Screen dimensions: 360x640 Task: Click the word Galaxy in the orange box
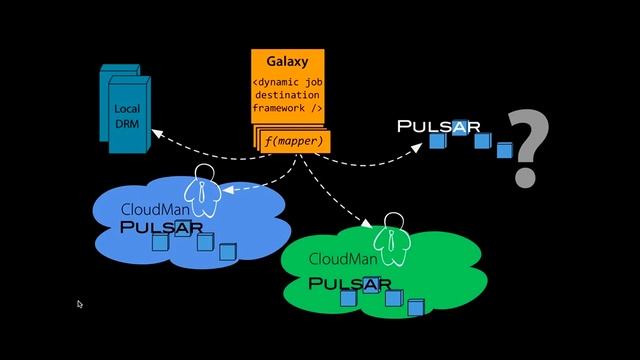pyautogui.click(x=287, y=62)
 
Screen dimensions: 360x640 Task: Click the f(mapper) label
pyautogui.click(x=294, y=142)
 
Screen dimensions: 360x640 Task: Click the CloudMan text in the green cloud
pyautogui.click(x=343, y=259)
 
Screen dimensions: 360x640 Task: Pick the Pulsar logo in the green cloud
pyautogui.click(x=349, y=284)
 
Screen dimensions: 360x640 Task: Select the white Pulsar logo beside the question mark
pyautogui.click(x=439, y=127)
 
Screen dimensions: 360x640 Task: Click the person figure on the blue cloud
pyautogui.click(x=204, y=190)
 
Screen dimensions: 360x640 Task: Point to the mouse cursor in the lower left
pyautogui.click(x=79, y=304)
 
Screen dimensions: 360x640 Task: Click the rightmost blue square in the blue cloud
pyautogui.click(x=227, y=252)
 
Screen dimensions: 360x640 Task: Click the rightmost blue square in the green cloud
pyautogui.click(x=415, y=307)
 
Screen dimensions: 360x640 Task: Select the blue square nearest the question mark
pyautogui.click(x=504, y=151)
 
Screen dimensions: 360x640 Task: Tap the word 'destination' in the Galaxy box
pyautogui.click(x=288, y=94)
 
